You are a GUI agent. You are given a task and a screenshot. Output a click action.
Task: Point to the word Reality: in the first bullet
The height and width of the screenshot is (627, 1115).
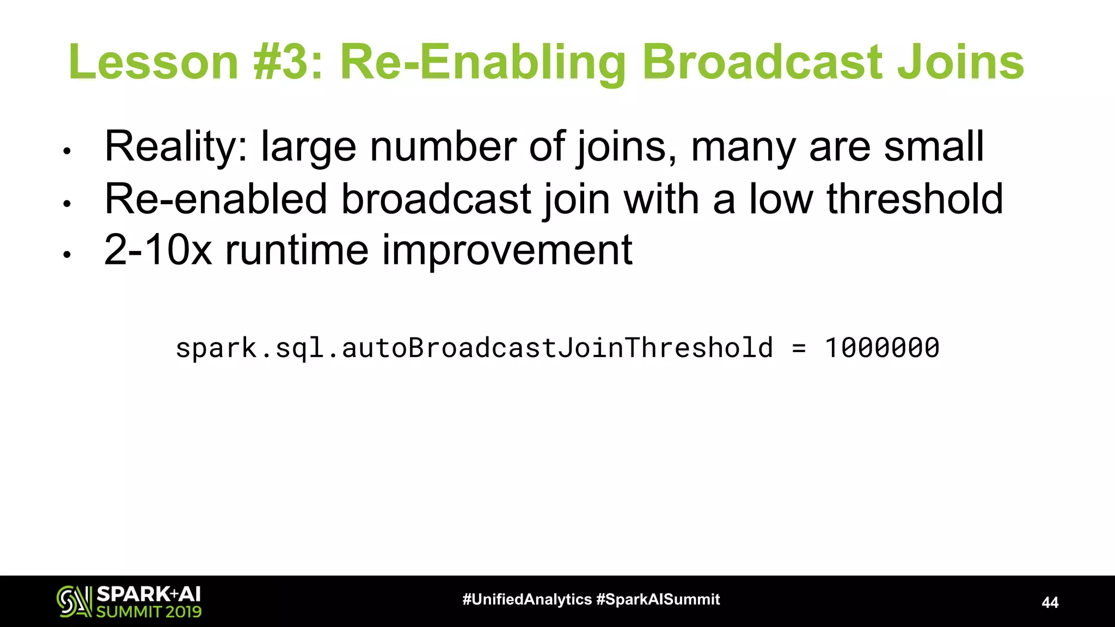click(176, 147)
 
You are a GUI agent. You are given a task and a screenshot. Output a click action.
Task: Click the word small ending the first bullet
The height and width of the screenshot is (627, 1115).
click(934, 147)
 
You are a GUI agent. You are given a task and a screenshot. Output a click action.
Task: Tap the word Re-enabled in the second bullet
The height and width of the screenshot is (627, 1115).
click(216, 199)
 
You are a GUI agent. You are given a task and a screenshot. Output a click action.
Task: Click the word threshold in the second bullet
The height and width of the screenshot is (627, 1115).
click(915, 199)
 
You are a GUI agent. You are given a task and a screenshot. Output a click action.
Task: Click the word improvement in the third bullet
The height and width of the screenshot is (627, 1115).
click(507, 250)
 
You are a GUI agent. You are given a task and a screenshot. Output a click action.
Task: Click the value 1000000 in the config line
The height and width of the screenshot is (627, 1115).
click(882, 348)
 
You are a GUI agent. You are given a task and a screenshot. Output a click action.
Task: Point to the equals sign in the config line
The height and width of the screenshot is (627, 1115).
click(799, 348)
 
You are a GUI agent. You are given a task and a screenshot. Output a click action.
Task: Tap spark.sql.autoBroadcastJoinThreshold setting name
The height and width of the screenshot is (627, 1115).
click(474, 348)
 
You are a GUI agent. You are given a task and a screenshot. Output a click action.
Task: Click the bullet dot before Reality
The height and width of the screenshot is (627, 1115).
click(67, 151)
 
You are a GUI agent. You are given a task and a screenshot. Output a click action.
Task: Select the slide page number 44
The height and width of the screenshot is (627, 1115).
click(1050, 603)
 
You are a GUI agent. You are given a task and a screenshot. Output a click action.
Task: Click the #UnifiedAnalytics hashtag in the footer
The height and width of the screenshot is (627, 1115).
click(526, 600)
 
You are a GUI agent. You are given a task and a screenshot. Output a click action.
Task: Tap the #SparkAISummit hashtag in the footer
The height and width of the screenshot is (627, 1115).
click(658, 600)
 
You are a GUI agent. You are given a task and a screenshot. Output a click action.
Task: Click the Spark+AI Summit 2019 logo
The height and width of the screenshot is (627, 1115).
click(129, 601)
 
